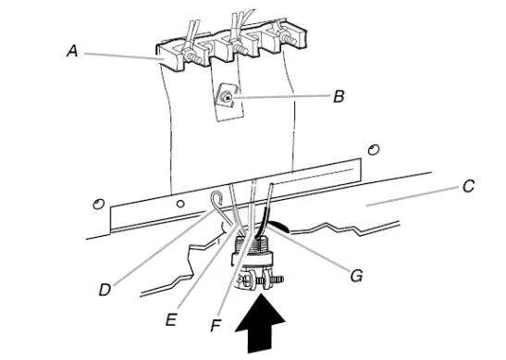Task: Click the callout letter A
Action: click(71, 52)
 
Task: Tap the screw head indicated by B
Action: click(227, 95)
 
